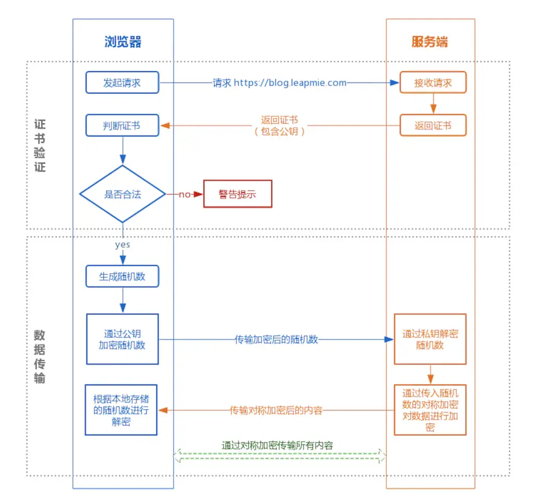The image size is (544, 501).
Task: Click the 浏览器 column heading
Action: pyautogui.click(x=122, y=42)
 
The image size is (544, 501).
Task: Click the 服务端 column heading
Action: pyautogui.click(x=429, y=42)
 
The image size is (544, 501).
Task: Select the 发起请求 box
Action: pyautogui.click(x=122, y=82)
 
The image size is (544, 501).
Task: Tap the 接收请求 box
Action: pyautogui.click(x=432, y=82)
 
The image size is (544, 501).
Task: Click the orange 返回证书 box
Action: pyautogui.click(x=432, y=126)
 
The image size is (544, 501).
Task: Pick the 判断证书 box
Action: pyautogui.click(x=122, y=126)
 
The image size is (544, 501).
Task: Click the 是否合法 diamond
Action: pyautogui.click(x=122, y=194)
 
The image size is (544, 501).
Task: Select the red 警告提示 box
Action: pyautogui.click(x=237, y=195)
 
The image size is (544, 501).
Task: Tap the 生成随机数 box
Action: pyautogui.click(x=122, y=277)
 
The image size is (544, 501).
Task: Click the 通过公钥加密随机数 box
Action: pyautogui.click(x=122, y=339)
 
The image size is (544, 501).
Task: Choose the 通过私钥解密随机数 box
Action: pyautogui.click(x=430, y=339)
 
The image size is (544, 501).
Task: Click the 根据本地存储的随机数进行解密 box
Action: pyautogui.click(x=121, y=410)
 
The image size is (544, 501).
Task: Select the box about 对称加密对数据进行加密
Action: pyautogui.click(x=430, y=410)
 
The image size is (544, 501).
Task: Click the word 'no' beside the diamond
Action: pyautogui.click(x=184, y=195)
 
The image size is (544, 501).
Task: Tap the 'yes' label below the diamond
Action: pyautogui.click(x=122, y=244)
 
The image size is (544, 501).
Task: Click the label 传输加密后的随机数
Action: pyautogui.click(x=276, y=339)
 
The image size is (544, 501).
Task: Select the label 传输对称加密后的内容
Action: pyautogui.click(x=276, y=410)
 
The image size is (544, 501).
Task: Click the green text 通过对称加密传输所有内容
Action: pyautogui.click(x=277, y=445)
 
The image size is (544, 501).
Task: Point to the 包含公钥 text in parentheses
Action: pyautogui.click(x=279, y=132)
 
